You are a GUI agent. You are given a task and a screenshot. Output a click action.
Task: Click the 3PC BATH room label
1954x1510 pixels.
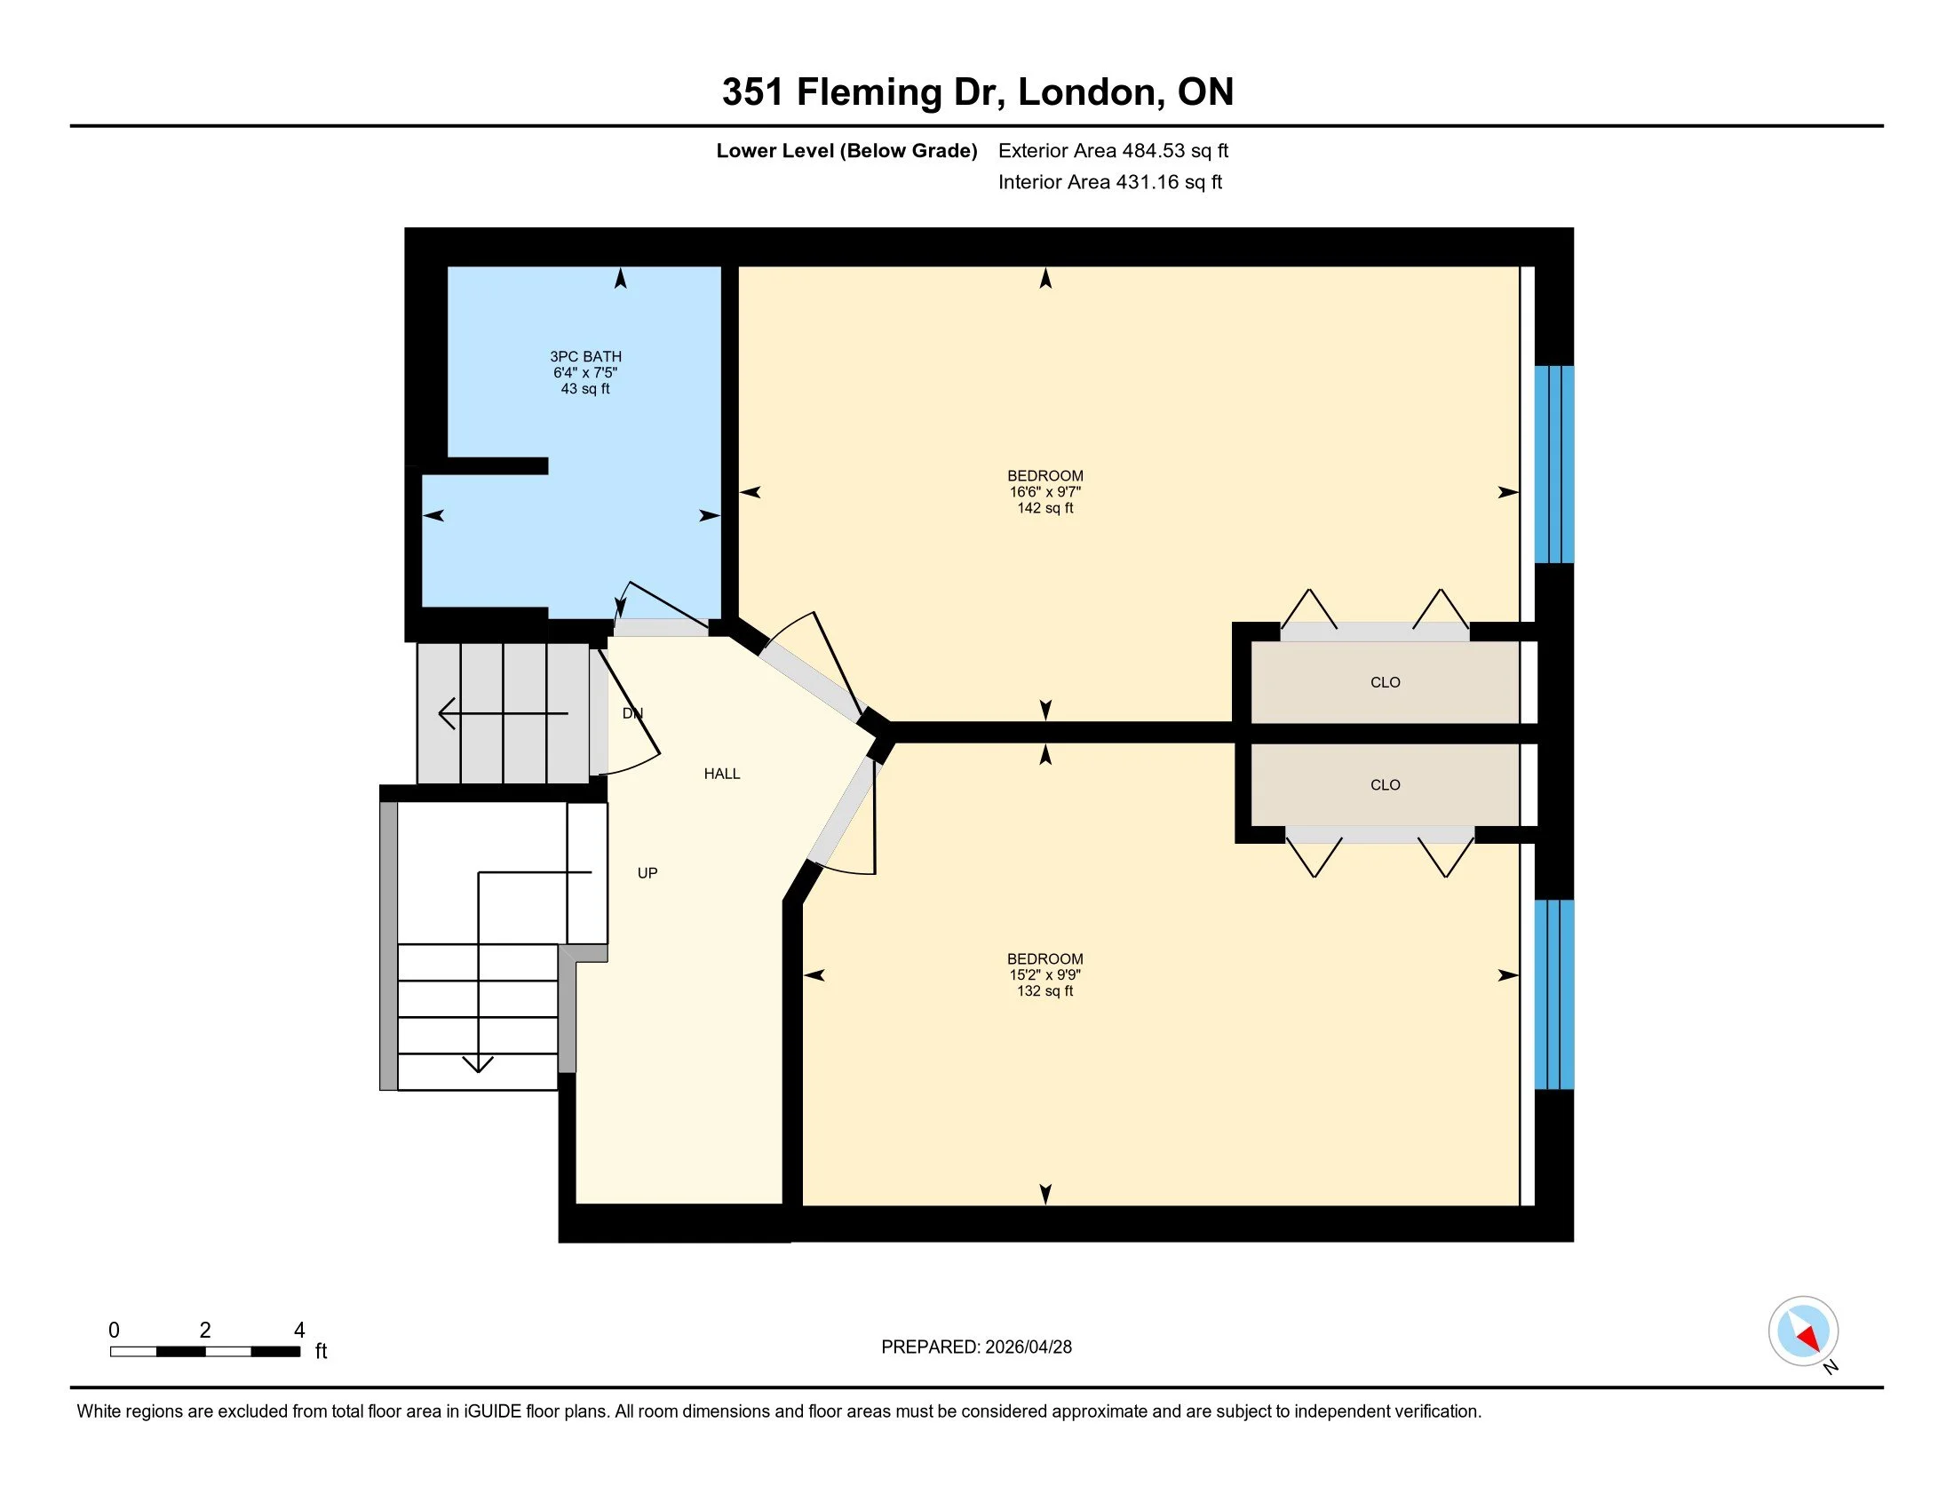tap(585, 356)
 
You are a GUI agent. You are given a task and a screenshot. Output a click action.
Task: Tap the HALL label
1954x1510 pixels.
tap(721, 774)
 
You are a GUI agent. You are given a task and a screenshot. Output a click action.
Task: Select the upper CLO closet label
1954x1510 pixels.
tap(1384, 682)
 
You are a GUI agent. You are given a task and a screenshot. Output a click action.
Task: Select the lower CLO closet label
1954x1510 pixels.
tap(1384, 784)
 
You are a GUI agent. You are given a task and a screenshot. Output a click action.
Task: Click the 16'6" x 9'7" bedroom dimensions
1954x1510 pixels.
tap(1045, 492)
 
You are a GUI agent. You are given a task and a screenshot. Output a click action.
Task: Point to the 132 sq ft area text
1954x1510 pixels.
tap(1045, 991)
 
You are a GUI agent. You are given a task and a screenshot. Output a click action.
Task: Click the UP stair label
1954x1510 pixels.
tap(647, 873)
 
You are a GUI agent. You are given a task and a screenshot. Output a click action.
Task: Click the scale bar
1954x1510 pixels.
tap(205, 1351)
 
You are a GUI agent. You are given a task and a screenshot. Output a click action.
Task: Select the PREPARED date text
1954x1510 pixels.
tap(975, 1347)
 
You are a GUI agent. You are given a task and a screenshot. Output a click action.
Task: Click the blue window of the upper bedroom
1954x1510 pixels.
tap(1553, 464)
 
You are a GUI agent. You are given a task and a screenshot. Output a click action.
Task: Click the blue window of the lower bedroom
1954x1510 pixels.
tap(1553, 994)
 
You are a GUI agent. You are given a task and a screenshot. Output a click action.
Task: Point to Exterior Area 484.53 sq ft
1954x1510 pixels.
tap(1112, 151)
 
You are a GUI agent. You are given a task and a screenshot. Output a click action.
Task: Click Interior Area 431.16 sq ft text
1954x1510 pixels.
tap(1109, 182)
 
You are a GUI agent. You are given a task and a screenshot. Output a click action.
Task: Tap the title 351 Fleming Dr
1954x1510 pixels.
tap(977, 92)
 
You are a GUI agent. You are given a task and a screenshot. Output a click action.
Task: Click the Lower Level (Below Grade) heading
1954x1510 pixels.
tap(846, 151)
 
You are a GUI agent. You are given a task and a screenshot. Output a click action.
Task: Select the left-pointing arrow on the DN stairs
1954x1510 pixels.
tap(448, 713)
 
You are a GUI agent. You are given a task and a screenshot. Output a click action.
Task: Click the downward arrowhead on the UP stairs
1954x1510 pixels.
tap(478, 1063)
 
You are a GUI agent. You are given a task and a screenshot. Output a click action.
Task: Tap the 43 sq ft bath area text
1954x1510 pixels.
tap(585, 389)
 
